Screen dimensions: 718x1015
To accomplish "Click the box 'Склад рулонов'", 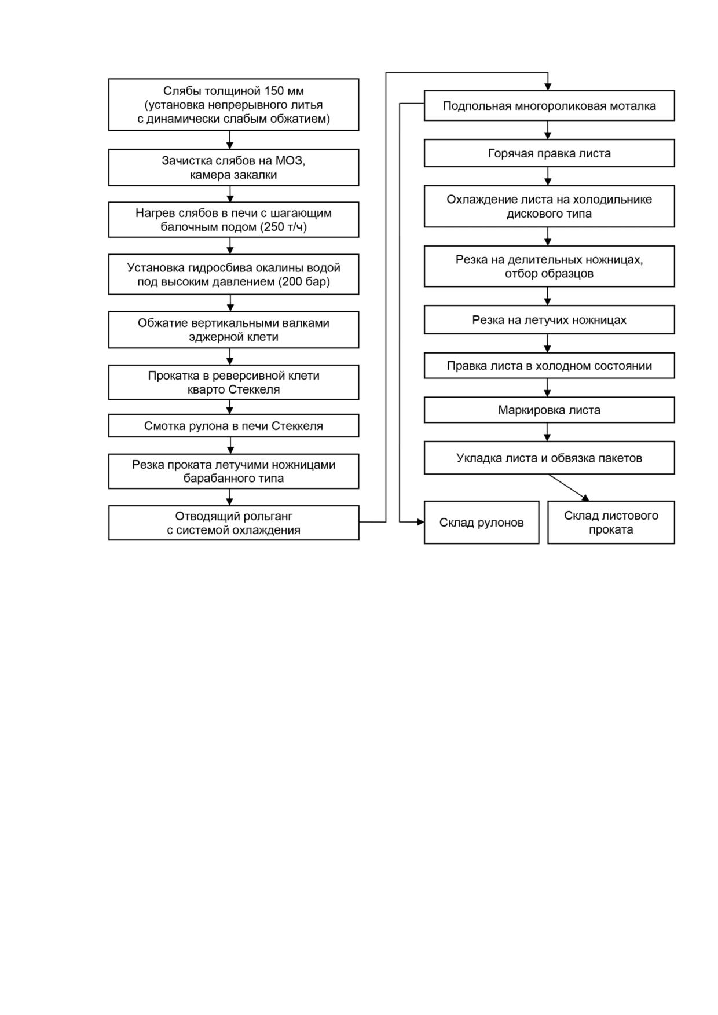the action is pyautogui.click(x=481, y=522).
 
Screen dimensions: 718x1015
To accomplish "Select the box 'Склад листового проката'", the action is pyautogui.click(x=611, y=522).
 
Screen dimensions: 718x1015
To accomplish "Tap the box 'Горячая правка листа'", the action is pyautogui.click(x=549, y=153).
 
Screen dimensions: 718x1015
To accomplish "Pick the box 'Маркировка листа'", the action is pyautogui.click(x=549, y=410).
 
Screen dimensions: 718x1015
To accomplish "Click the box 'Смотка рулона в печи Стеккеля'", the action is pyautogui.click(x=233, y=426).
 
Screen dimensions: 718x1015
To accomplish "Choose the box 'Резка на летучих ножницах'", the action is pyautogui.click(x=549, y=320).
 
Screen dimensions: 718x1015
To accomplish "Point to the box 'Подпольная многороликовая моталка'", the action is pyautogui.click(x=549, y=106).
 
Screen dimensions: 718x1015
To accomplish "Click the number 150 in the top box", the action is pyautogui.click(x=275, y=91).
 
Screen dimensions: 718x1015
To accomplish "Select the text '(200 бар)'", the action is pyautogui.click(x=304, y=282).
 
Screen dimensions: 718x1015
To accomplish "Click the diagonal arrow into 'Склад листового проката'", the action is pyautogui.click(x=569, y=488).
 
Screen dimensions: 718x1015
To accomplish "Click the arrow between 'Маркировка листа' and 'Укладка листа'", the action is pyautogui.click(x=547, y=432).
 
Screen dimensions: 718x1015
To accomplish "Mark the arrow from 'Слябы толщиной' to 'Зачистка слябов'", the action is pyautogui.click(x=230, y=140).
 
